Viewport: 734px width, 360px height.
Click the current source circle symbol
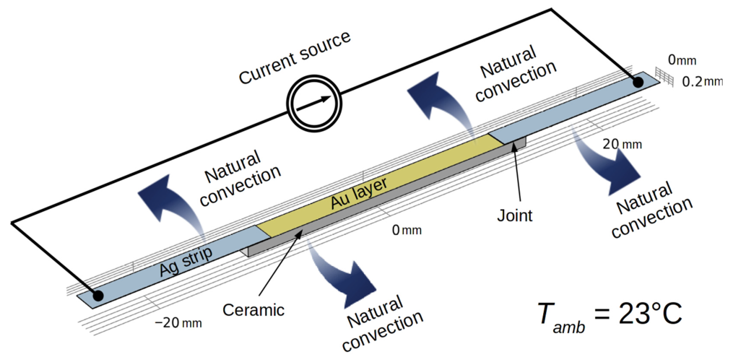point(314,103)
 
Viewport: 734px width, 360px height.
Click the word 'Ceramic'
point(253,310)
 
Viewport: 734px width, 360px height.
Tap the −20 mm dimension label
point(178,323)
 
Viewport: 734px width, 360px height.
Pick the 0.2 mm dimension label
point(702,82)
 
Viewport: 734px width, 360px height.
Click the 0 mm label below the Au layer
point(407,230)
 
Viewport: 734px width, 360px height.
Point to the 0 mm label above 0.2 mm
point(682,60)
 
